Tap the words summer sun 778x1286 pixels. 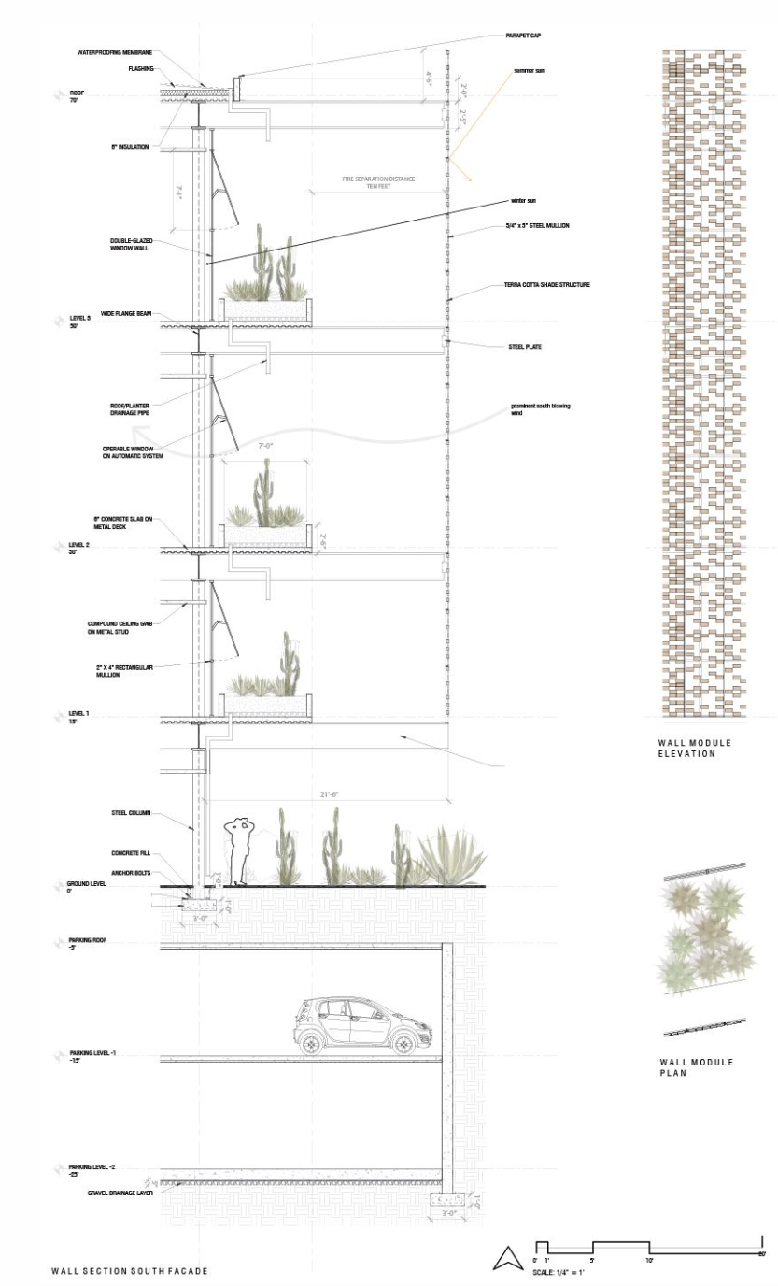click(x=529, y=71)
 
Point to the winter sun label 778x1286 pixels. click(x=523, y=200)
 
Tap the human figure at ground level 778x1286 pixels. click(x=240, y=851)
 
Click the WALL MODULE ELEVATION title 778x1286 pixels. click(x=695, y=748)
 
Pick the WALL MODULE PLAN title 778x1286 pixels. click(x=695, y=1066)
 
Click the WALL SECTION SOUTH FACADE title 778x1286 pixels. click(x=129, y=1271)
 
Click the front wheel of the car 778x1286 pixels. click(x=404, y=1045)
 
